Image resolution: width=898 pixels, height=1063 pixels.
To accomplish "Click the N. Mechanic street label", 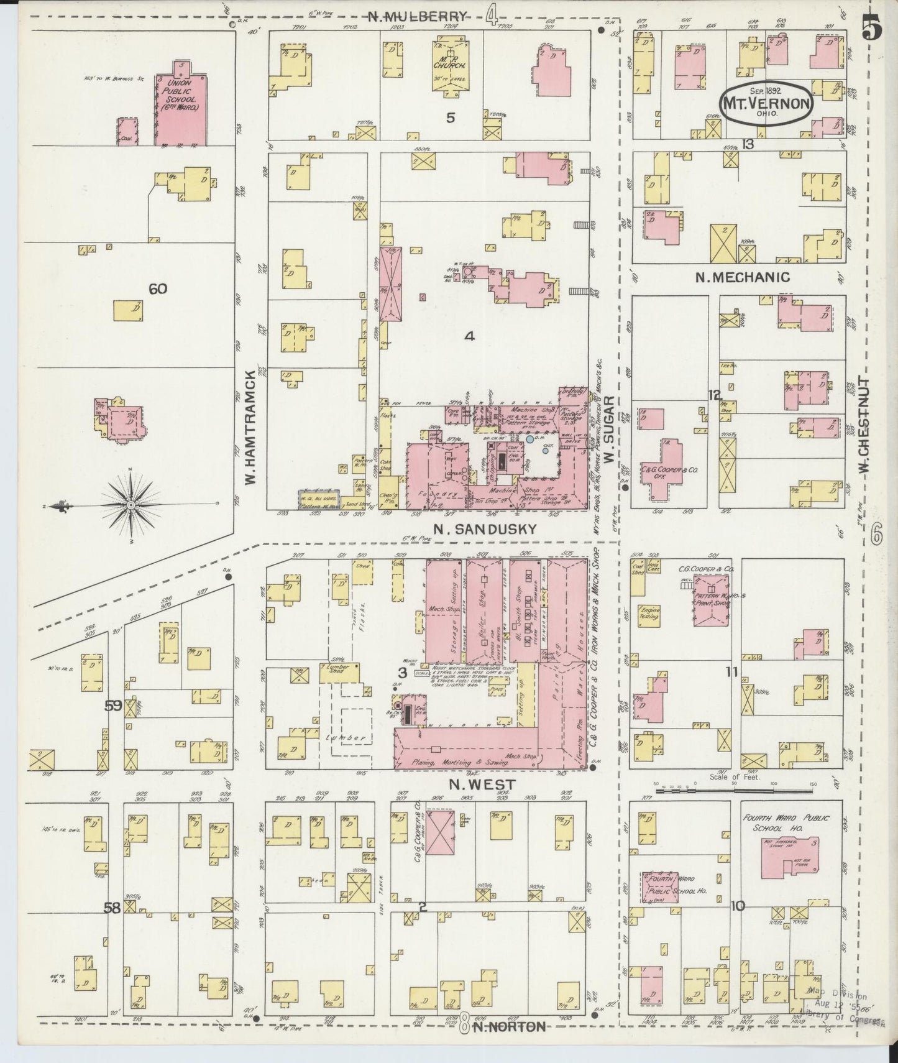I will coord(742,278).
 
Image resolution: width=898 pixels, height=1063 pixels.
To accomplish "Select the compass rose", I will coord(131,506).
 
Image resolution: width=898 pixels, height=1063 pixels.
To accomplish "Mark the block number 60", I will coord(158,288).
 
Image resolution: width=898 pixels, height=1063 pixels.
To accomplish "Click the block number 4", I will coord(469,336).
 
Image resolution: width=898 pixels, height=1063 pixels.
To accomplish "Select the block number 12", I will coord(715,395).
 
